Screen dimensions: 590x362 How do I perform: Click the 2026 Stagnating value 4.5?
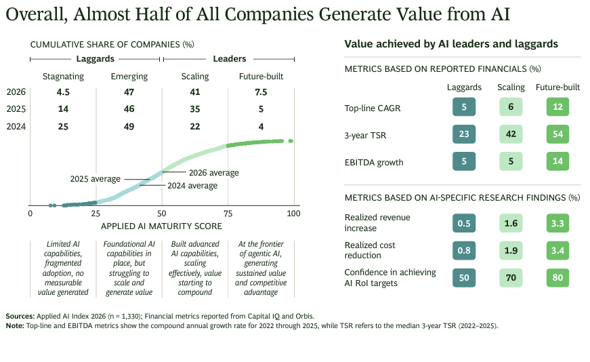click(x=63, y=92)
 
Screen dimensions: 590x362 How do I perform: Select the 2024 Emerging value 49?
click(x=129, y=127)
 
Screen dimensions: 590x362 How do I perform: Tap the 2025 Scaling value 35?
click(x=195, y=109)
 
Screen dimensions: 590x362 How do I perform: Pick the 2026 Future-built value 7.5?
click(x=261, y=92)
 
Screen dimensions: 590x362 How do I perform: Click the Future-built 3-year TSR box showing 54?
click(x=557, y=134)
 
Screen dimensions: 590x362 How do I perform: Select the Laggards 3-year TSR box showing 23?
click(x=464, y=134)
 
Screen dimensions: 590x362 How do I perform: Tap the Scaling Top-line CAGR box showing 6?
click(x=511, y=107)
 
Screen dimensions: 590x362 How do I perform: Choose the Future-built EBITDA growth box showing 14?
click(x=557, y=161)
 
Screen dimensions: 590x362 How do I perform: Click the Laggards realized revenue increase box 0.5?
click(x=464, y=224)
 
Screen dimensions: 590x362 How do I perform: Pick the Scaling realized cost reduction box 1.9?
click(x=511, y=251)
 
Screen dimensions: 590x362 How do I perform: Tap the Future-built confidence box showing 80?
click(x=557, y=278)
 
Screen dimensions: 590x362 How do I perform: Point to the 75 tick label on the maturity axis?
click(x=228, y=214)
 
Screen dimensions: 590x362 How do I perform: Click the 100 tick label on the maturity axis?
click(x=293, y=214)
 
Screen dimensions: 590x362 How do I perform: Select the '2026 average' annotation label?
click(x=214, y=173)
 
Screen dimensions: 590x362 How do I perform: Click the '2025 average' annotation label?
click(x=96, y=179)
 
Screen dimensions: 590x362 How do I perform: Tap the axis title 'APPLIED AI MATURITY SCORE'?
click(x=161, y=226)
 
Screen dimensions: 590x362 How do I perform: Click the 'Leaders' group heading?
click(x=230, y=59)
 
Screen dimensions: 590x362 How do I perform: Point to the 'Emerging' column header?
click(x=129, y=77)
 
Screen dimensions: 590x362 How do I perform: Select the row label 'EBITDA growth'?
click(x=374, y=163)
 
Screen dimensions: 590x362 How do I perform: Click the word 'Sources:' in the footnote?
click(x=20, y=317)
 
